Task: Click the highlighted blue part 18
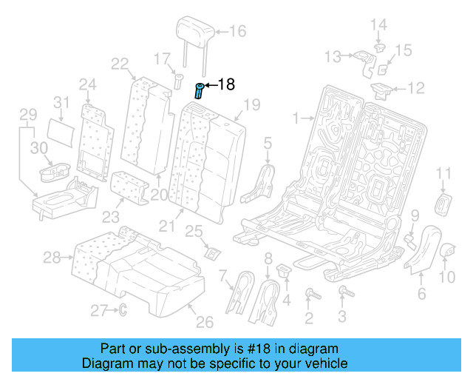(199, 91)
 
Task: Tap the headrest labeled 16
(195, 32)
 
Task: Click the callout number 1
(296, 118)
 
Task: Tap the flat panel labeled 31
(62, 129)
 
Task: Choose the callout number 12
(417, 89)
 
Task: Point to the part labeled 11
(443, 203)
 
